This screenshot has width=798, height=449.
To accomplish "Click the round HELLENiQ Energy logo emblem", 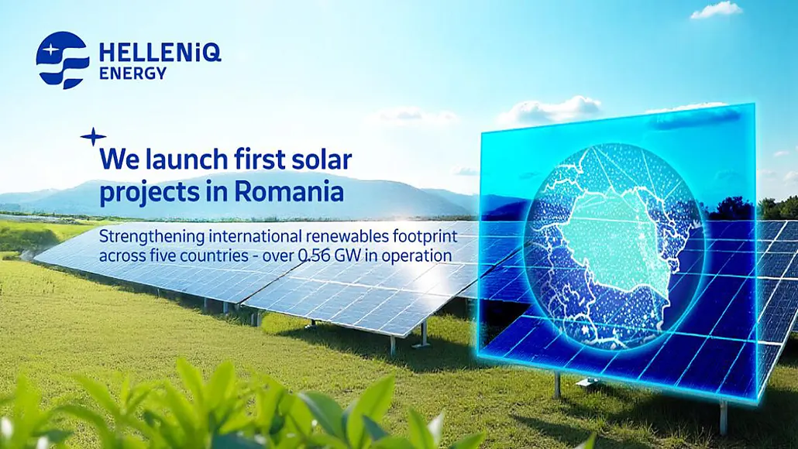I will coord(63,60).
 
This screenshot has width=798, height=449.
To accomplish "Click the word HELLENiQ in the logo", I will coord(160,53).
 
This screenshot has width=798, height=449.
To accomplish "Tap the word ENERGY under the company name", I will coord(132,74).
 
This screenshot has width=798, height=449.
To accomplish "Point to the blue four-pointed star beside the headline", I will coord(93,137).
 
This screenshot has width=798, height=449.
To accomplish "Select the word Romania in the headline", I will coord(298,191).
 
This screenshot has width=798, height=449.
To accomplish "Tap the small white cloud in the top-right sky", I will coord(717,10).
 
